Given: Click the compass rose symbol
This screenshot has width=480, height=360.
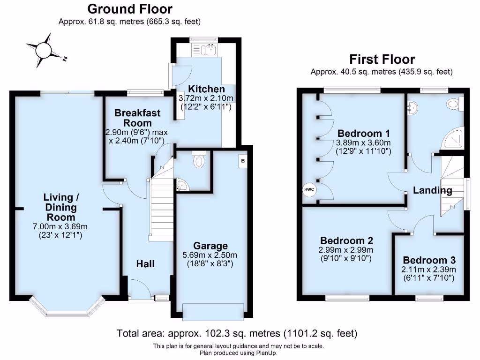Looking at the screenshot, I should pyautogui.click(x=44, y=49).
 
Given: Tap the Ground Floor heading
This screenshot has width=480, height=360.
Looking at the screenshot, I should pyautogui.click(x=130, y=9).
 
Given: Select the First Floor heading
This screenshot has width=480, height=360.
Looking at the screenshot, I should pyautogui.click(x=382, y=60).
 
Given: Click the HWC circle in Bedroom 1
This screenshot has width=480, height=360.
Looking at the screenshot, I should pyautogui.click(x=309, y=189).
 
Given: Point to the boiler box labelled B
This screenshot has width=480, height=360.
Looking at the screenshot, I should pyautogui.click(x=243, y=161).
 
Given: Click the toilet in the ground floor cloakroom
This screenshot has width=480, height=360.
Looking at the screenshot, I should pyautogui.click(x=199, y=160).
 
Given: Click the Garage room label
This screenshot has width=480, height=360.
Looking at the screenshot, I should pyautogui.click(x=210, y=246).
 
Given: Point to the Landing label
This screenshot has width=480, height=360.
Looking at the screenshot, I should pyautogui.click(x=432, y=190).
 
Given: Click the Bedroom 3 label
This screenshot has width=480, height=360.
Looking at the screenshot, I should pyautogui.click(x=429, y=261).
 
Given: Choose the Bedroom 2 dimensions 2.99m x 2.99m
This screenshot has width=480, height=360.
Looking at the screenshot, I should pyautogui.click(x=345, y=250).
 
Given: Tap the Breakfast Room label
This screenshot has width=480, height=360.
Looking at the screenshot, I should pyautogui.click(x=137, y=118).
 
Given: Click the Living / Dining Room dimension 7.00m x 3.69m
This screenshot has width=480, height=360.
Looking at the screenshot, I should pyautogui.click(x=60, y=226).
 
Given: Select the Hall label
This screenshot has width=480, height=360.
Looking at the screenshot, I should pyautogui.click(x=145, y=264).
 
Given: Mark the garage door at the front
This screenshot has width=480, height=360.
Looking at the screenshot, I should pyautogui.click(x=214, y=311).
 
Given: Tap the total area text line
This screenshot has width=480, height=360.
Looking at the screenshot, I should pyautogui.click(x=237, y=333).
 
